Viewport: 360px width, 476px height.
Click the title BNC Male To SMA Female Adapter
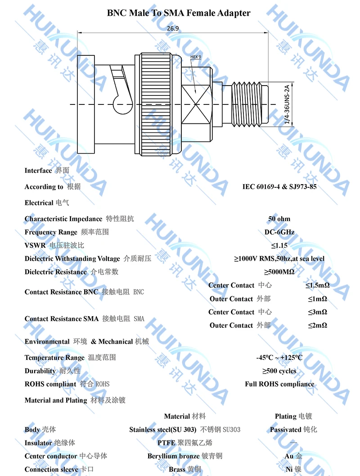[x=179, y=13]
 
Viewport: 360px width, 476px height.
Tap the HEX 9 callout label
[x=196, y=57]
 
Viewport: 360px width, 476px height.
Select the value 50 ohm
[x=279, y=219]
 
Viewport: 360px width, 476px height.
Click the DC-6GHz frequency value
[x=279, y=232]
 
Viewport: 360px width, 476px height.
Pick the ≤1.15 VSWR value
[x=279, y=245]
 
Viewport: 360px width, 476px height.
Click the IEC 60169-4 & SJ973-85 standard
[x=279, y=186]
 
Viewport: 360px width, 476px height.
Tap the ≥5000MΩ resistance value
[x=279, y=272]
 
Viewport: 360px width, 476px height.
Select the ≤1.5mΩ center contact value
[x=317, y=286]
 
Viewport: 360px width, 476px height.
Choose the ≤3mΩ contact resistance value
[x=317, y=312]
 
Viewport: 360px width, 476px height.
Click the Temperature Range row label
[x=54, y=358]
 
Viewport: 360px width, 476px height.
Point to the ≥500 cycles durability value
[x=279, y=371]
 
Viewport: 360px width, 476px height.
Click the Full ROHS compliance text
[x=279, y=384]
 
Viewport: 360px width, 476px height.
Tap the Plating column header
[x=293, y=417]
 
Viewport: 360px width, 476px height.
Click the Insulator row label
[x=38, y=443]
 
